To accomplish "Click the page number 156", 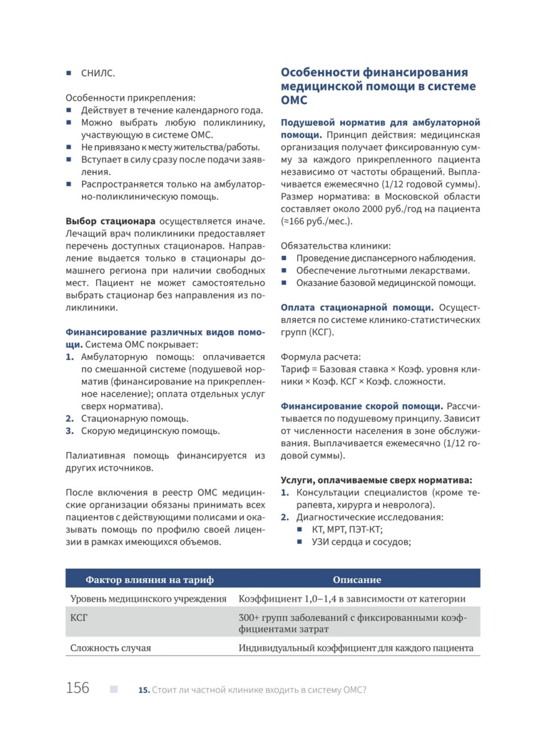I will click(78, 688).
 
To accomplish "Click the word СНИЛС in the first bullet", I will click(98, 73).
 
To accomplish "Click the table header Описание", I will click(357, 579).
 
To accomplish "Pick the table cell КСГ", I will click(79, 618).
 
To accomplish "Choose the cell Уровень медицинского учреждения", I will click(148, 598).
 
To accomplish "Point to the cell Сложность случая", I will click(110, 648).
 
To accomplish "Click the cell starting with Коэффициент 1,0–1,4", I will click(352, 598).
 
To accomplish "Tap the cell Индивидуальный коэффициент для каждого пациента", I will click(356, 648).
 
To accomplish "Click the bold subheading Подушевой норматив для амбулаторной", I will click(380, 122).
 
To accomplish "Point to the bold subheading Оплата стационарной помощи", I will click(357, 307).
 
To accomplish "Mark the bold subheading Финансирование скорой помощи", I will click(360, 406).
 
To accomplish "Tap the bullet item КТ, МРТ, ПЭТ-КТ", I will click(347, 529).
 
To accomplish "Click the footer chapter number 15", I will click(144, 690).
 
